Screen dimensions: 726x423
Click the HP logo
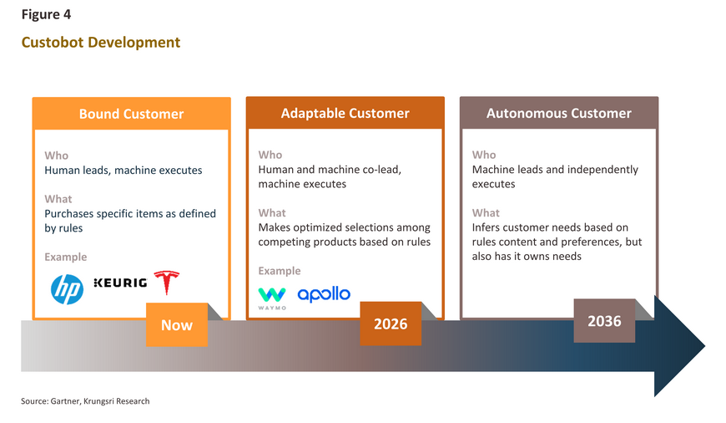[67, 289]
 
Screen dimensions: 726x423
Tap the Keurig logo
[120, 283]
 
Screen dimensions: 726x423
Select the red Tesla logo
[167, 283]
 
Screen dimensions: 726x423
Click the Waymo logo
[272, 298]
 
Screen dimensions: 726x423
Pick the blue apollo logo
[324, 294]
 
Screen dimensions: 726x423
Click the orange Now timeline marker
[177, 324]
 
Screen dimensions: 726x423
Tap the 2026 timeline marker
[391, 324]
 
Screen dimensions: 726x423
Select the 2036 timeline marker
[604, 321]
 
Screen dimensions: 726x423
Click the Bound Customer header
[132, 114]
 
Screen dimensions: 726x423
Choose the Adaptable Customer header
[345, 113]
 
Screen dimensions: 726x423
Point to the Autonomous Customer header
[559, 113]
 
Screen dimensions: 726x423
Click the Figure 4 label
[46, 14]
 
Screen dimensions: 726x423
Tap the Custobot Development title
[101, 42]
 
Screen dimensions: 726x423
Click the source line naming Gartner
[85, 401]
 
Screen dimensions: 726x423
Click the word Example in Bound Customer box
[66, 257]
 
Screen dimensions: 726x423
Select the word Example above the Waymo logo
[280, 271]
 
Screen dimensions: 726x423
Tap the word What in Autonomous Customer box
[486, 213]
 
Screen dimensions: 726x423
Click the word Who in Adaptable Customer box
[270, 155]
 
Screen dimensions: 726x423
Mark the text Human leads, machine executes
[124, 171]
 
